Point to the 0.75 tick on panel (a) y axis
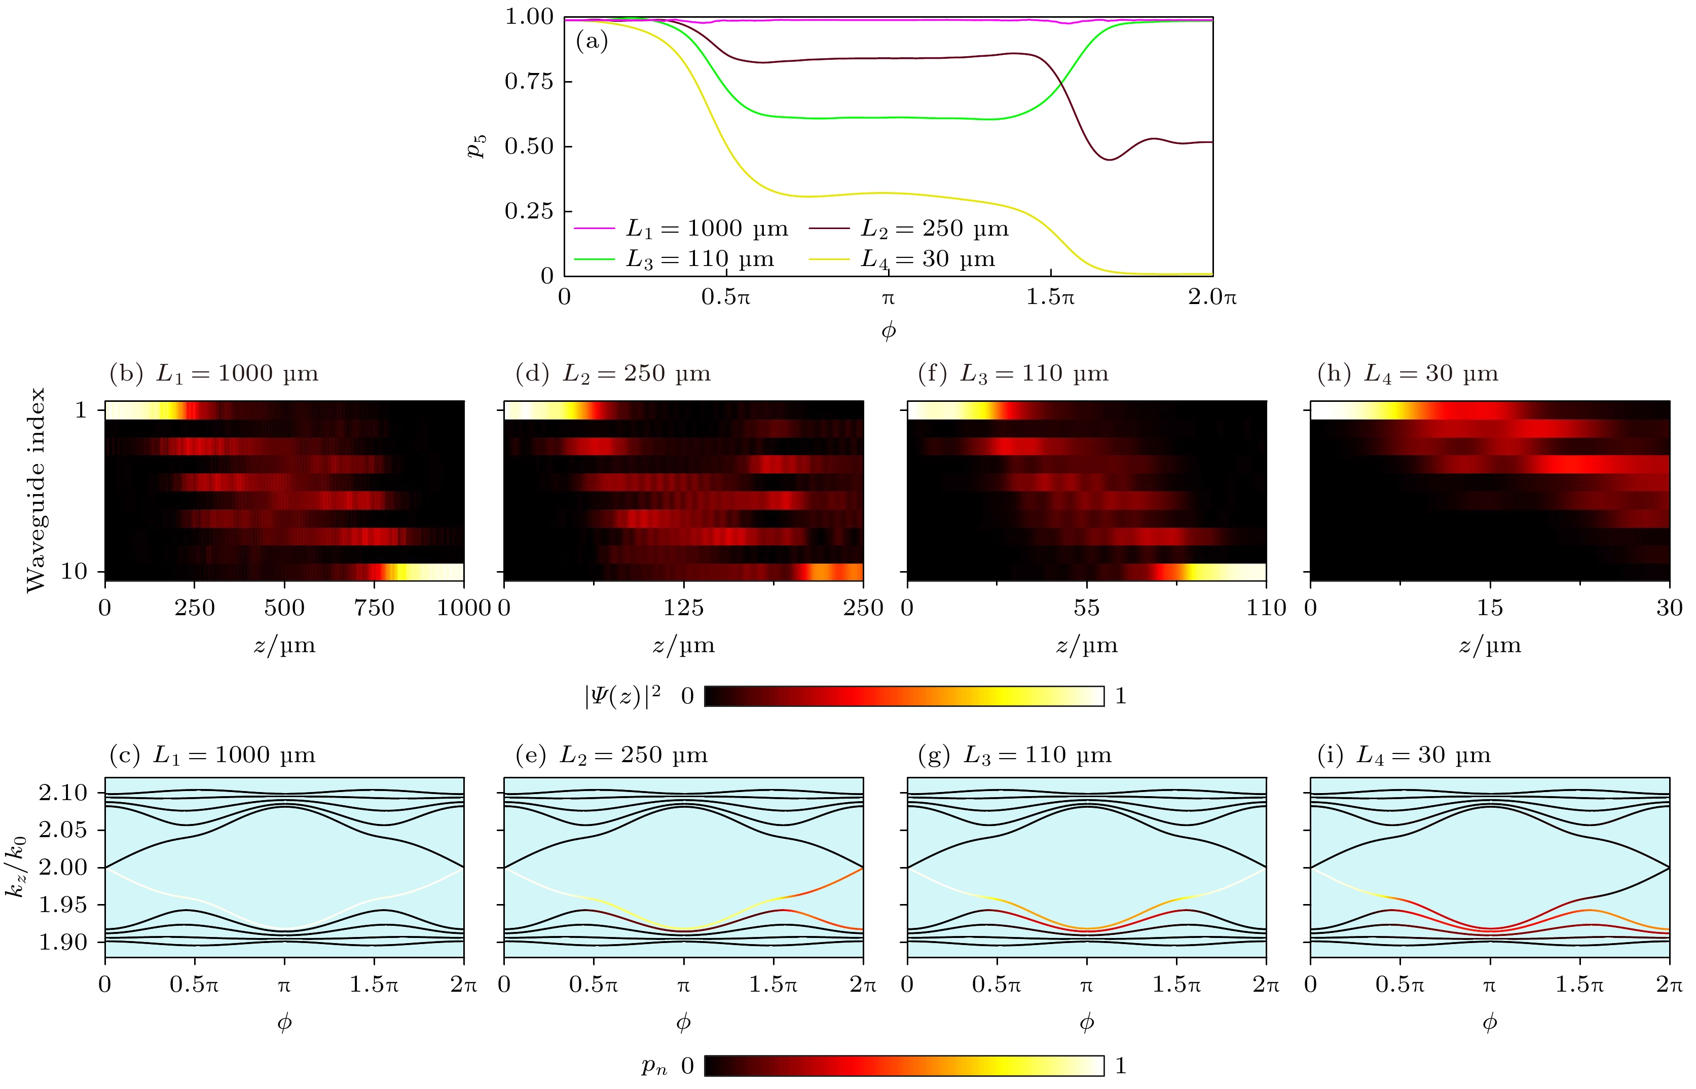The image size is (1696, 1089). pyautogui.click(x=528, y=81)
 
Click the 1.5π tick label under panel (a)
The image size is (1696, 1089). pyautogui.click(x=1050, y=297)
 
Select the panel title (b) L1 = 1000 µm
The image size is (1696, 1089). pyautogui.click(x=213, y=373)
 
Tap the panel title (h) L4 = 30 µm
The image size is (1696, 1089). pyautogui.click(x=1408, y=373)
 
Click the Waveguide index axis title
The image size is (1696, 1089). pyautogui.click(x=35, y=490)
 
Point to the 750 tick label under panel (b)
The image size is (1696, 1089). pyautogui.click(x=374, y=608)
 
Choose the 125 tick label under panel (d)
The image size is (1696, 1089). pyautogui.click(x=683, y=608)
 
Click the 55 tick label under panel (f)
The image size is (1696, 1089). pyautogui.click(x=1086, y=608)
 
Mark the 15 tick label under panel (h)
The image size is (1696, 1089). pyautogui.click(x=1490, y=608)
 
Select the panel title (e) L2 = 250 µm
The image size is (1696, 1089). pyautogui.click(x=612, y=755)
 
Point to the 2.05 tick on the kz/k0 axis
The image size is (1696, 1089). pyautogui.click(x=63, y=830)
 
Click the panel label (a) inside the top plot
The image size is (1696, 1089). pyautogui.click(x=592, y=41)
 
